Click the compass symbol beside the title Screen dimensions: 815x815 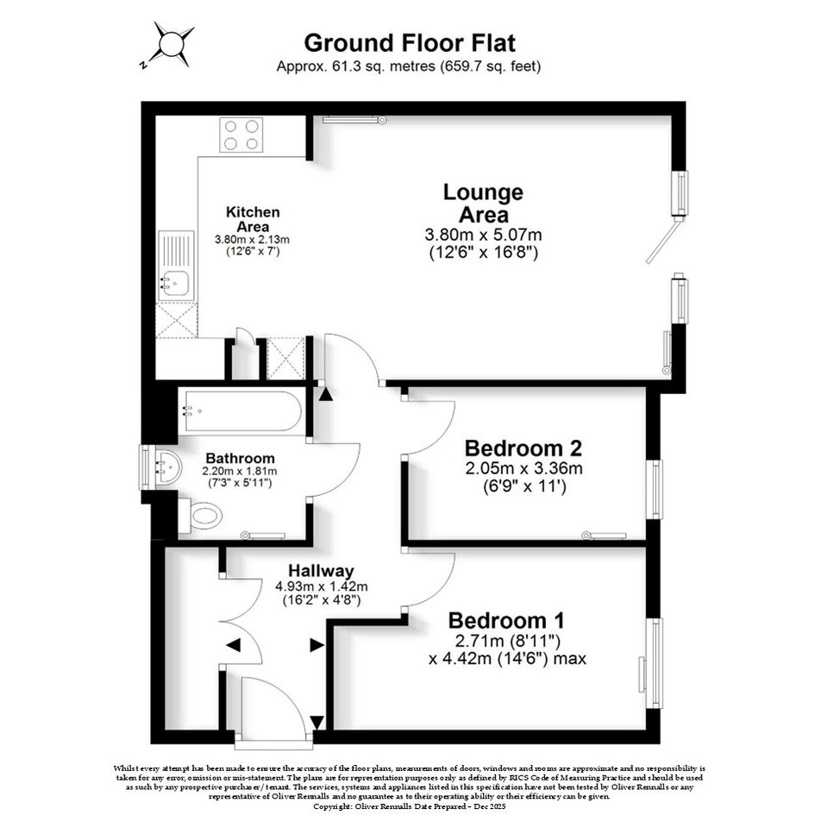coord(168,44)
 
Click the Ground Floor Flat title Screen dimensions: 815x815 coord(410,43)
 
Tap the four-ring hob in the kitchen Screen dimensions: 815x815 coord(241,135)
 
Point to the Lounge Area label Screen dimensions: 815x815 coord(483,204)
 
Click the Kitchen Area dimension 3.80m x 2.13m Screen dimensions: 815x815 coord(252,240)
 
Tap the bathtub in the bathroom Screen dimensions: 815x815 coord(242,411)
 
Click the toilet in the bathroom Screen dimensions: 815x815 coord(201,516)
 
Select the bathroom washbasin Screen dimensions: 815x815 coord(167,466)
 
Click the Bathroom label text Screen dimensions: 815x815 coord(240,459)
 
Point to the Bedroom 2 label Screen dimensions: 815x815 coord(523,448)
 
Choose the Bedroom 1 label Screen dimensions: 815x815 coord(506,621)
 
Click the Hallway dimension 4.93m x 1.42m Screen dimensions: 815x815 coord(321,586)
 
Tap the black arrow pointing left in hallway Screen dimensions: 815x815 coord(234,645)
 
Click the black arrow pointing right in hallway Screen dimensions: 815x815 coord(317,645)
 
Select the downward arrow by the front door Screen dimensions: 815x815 coord(317,723)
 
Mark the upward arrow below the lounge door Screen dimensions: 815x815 coord(326,393)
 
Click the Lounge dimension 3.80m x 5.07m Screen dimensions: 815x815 coord(483,235)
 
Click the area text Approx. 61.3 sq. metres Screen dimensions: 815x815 coord(356,66)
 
